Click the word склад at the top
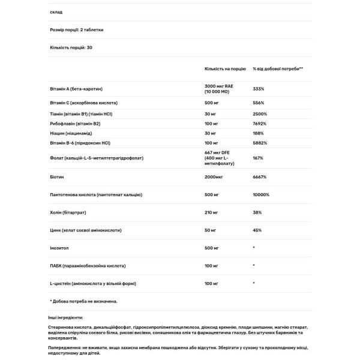tap(56, 11)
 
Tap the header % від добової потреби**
tap(278, 69)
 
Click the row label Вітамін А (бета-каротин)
tap(78, 88)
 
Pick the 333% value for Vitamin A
tap(259, 88)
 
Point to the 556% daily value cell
tap(259, 103)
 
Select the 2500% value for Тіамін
tap(260, 113)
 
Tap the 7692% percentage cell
tap(260, 123)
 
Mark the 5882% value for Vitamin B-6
tap(260, 143)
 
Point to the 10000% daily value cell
tap(261, 194)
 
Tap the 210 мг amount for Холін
tap(213, 212)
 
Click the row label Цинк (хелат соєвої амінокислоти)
tap(88, 230)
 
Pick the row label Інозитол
tap(60, 247)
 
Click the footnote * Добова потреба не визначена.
tap(83, 301)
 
